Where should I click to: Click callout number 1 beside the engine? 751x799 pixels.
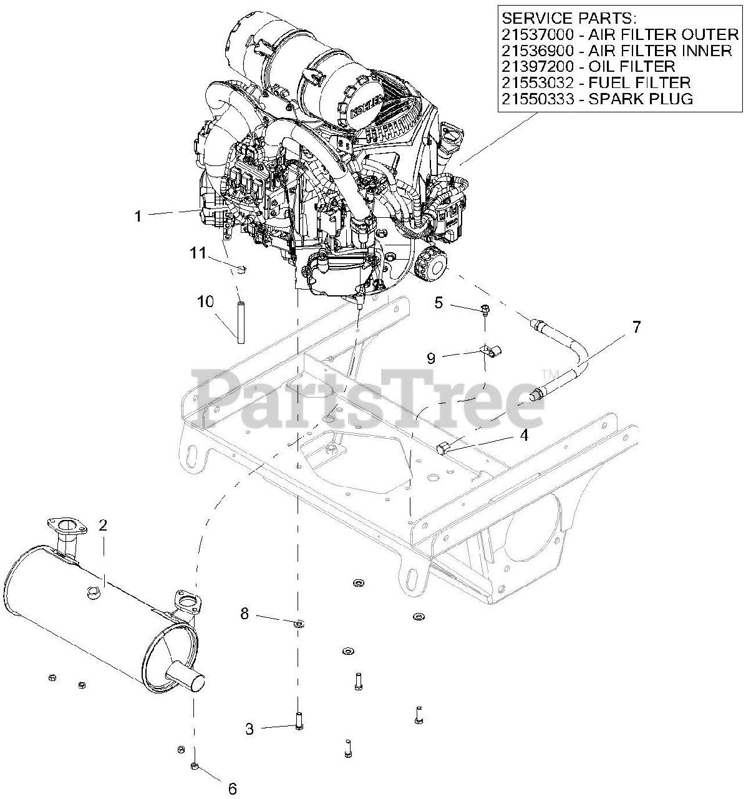coord(138,216)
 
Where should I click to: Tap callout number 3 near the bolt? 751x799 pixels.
coord(250,728)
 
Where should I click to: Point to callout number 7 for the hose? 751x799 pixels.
coord(636,326)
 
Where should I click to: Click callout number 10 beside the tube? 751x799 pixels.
coord(206,301)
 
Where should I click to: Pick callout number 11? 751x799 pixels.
coord(198,253)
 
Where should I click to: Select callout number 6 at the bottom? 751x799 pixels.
coord(232,788)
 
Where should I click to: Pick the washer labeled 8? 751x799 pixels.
coord(299,622)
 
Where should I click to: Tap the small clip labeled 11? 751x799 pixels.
coord(242,269)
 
